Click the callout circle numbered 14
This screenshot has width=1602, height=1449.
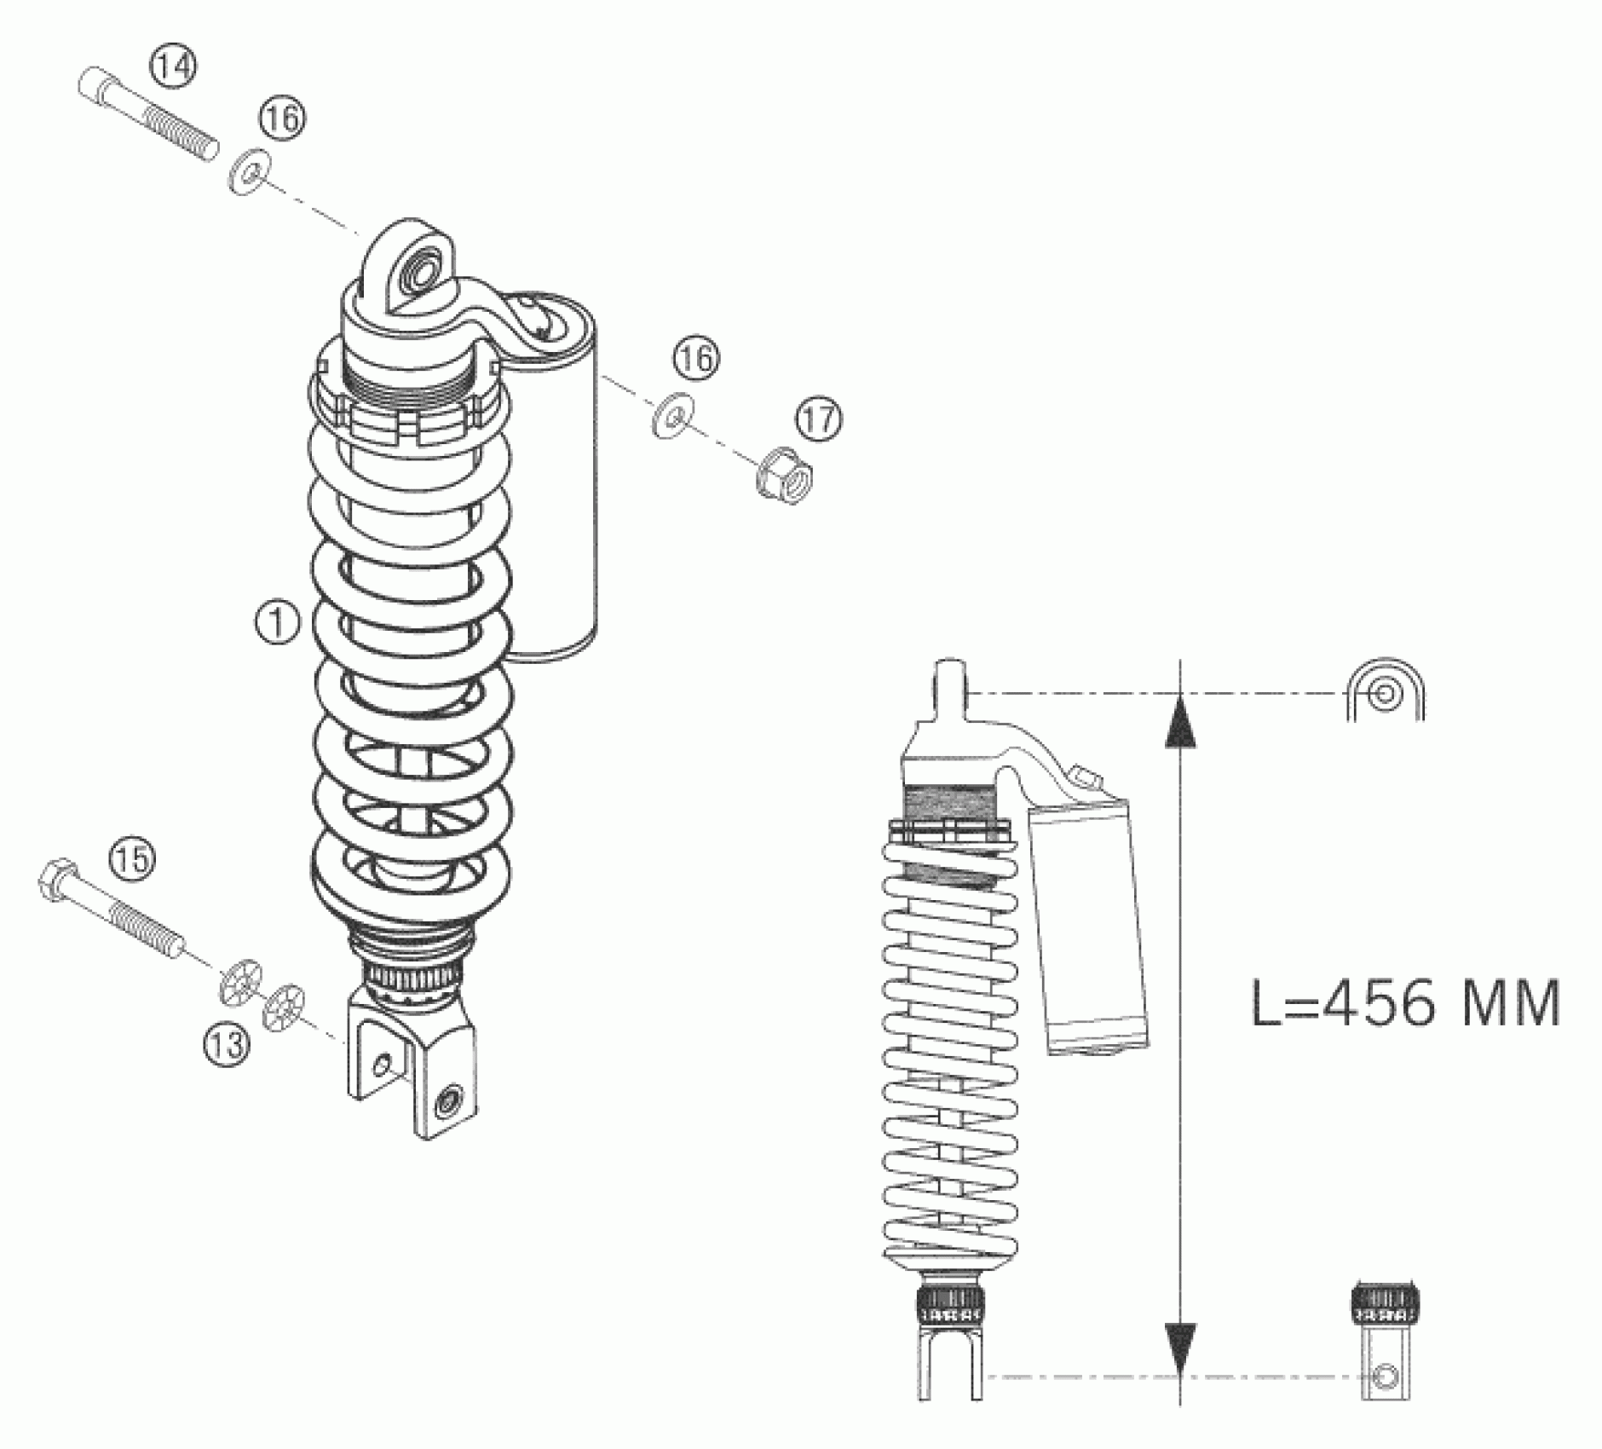(x=174, y=66)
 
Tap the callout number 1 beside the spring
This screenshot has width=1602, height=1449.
(x=278, y=623)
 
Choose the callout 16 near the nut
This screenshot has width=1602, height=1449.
(x=695, y=358)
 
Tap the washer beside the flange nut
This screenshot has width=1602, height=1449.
(x=673, y=416)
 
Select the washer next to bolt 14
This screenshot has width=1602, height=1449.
(x=250, y=170)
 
